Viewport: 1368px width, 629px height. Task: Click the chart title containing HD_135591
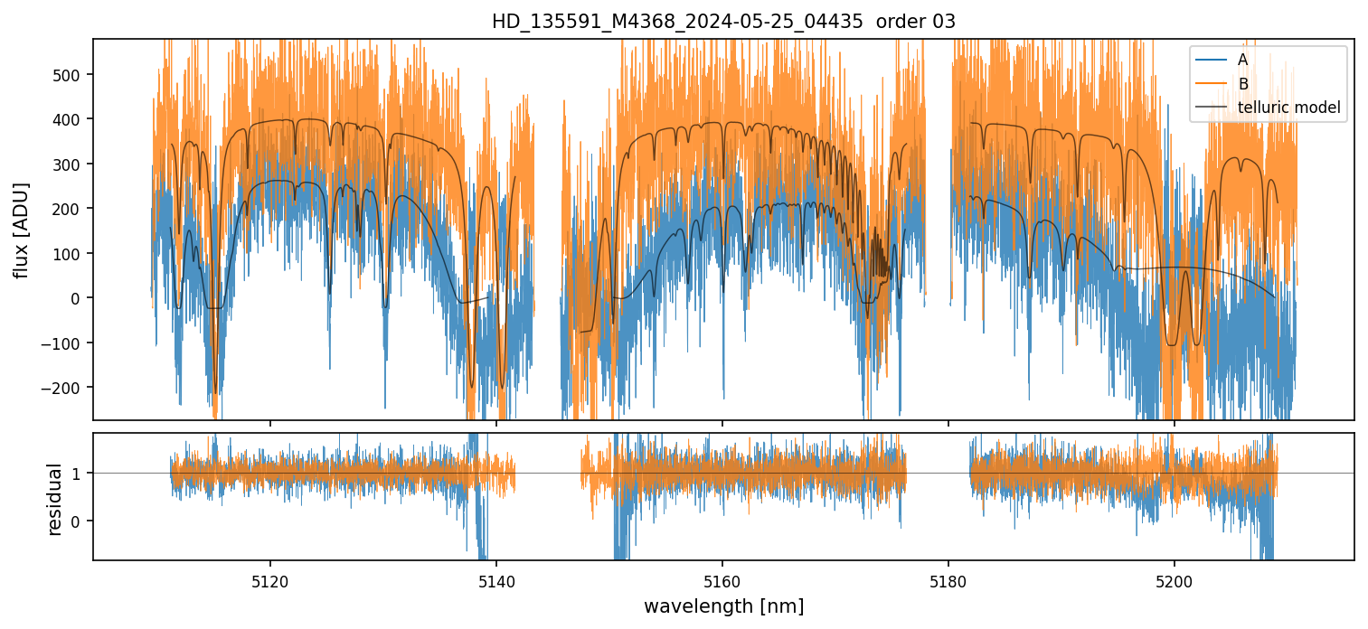coord(723,22)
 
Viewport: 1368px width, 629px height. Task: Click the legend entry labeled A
coord(1242,60)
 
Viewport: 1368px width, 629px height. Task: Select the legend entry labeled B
coord(1242,84)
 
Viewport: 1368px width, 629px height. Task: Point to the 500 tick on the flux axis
coord(69,74)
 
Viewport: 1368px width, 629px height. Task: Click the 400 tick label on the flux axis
coord(69,119)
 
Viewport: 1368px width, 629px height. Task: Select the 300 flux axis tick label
coord(69,164)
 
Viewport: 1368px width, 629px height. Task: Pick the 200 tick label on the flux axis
coord(69,209)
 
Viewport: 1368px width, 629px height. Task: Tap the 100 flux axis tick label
coord(69,253)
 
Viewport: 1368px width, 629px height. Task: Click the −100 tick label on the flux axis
coord(64,343)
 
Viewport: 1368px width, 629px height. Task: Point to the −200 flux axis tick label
coord(64,387)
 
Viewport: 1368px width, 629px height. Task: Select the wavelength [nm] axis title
coord(723,606)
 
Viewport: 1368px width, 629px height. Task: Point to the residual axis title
coord(54,498)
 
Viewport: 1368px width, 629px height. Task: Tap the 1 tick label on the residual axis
coord(76,474)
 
